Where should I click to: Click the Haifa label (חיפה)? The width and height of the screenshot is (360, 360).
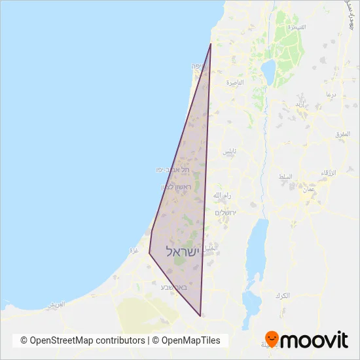click(x=198, y=67)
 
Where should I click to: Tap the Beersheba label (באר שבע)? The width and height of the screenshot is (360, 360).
click(x=174, y=287)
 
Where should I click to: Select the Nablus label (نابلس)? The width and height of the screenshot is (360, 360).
click(x=228, y=151)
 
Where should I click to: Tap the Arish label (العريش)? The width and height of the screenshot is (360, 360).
click(x=57, y=304)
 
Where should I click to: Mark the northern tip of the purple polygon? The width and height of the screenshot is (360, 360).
click(x=210, y=44)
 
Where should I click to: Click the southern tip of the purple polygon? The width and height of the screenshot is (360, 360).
click(x=200, y=316)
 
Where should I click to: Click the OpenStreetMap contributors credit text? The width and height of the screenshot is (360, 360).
click(x=82, y=340)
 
